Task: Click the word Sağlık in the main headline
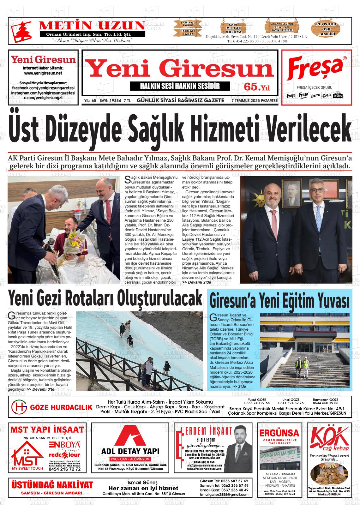click(158, 129)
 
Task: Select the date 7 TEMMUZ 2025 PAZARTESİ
click(255, 101)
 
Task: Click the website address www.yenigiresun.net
click(43, 73)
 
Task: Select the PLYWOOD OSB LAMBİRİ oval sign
click(327, 29)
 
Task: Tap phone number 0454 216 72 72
click(65, 469)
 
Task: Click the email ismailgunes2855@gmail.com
click(224, 495)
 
